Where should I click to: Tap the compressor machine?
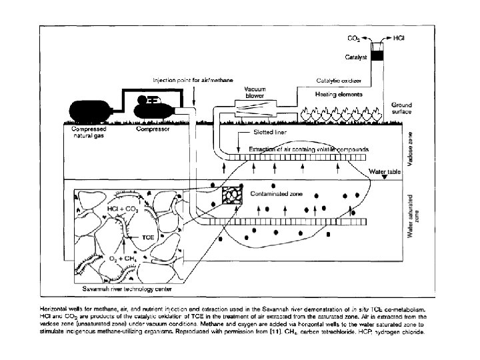click(153, 107)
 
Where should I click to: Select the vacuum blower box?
click(255, 107)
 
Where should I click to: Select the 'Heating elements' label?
click(339, 94)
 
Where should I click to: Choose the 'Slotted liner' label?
click(257, 133)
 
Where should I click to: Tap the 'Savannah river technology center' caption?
click(127, 290)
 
